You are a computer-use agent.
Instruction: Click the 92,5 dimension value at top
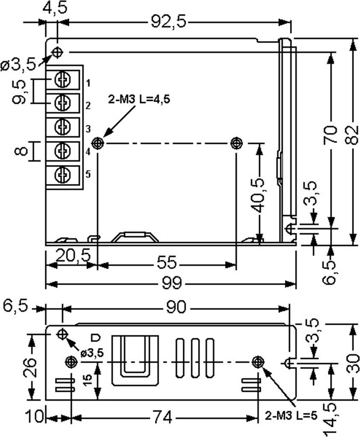pos(168,22)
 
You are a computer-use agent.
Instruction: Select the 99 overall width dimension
pos(172,283)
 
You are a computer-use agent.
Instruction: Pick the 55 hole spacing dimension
pos(167,262)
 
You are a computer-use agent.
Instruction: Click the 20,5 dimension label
pos(73,255)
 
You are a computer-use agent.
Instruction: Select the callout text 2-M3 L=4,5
pos(139,99)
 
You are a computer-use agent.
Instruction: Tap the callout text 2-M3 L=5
pos(291,416)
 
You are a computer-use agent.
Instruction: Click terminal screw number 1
pos(62,80)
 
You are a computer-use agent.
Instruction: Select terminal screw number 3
pos(62,127)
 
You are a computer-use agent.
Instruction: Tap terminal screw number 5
pos(62,175)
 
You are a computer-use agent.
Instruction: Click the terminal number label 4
pos(88,152)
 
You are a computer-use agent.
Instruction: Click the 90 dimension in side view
pos(176,307)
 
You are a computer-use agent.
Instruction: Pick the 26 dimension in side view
pos(30,367)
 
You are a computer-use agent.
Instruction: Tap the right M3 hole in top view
pos(237,143)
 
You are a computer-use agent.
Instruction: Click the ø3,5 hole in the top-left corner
pos(58,52)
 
